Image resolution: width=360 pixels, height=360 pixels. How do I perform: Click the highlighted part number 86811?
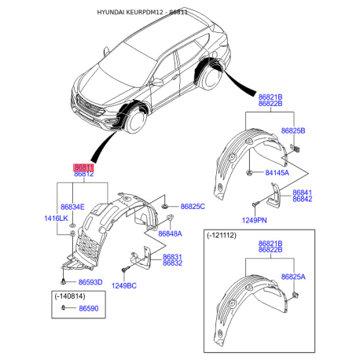(x=83, y=167)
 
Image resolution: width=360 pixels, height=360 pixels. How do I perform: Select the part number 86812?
(x=84, y=174)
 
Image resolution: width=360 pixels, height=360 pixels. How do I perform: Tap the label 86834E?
(x=72, y=207)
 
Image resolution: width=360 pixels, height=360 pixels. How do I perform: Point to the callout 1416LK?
(x=56, y=219)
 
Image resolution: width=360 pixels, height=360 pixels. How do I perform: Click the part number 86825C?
(x=193, y=207)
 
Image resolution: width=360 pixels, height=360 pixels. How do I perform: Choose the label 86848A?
(x=170, y=233)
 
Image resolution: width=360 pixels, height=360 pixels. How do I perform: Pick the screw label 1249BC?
(x=124, y=285)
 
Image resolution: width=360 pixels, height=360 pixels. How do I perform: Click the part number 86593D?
(x=90, y=282)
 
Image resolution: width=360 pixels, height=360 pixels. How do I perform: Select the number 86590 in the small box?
(x=89, y=308)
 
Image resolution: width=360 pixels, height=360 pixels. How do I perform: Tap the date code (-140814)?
(x=70, y=296)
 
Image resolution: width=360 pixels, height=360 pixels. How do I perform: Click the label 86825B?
(x=293, y=130)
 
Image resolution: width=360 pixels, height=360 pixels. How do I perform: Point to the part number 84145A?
(x=277, y=173)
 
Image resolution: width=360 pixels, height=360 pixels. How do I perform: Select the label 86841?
(x=303, y=193)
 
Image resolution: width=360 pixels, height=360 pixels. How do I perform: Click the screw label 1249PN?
(x=254, y=220)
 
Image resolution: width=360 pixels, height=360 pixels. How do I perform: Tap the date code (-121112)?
(x=222, y=235)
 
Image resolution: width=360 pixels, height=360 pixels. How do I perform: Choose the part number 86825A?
(x=293, y=277)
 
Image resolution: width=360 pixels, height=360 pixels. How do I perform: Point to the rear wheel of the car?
(x=210, y=76)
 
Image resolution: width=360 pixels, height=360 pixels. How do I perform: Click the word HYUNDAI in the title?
(x=111, y=13)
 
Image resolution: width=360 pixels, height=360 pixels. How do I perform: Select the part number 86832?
(x=172, y=263)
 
